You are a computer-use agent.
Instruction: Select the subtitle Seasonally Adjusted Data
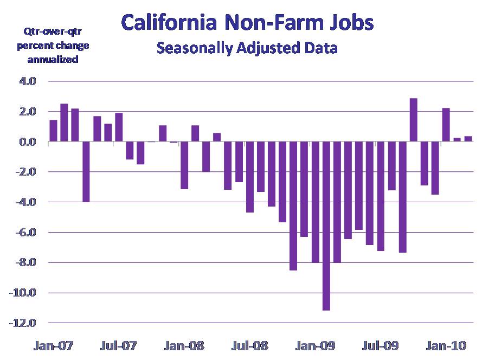(x=247, y=48)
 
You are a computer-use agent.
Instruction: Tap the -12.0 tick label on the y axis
(x=23, y=324)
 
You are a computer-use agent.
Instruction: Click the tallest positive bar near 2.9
(x=413, y=120)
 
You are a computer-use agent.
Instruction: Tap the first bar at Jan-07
(x=53, y=131)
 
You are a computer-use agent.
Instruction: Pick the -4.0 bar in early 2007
(x=86, y=172)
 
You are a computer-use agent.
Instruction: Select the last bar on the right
(x=468, y=139)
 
